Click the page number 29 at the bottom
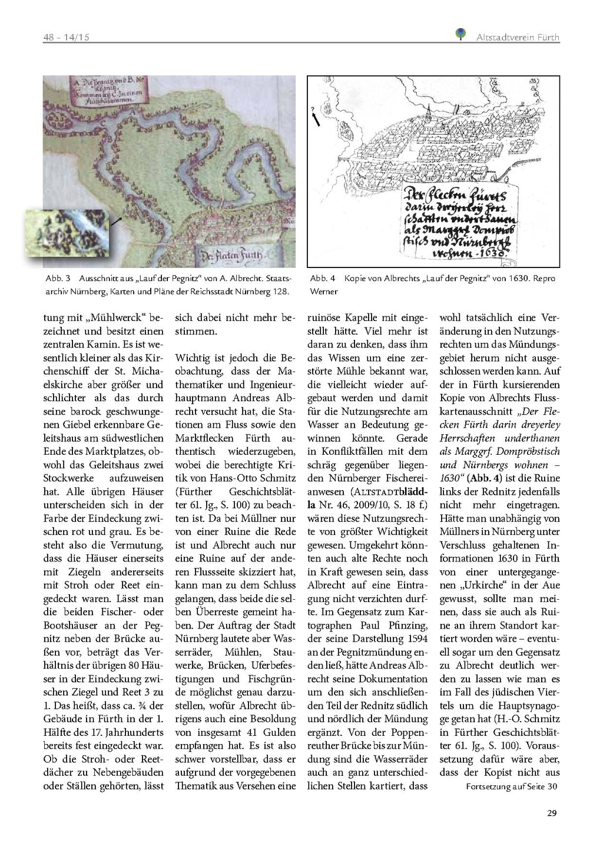[551, 814]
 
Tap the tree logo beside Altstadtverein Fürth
[461, 35]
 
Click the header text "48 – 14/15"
[66, 38]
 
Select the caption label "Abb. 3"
[58, 278]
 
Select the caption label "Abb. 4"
[323, 278]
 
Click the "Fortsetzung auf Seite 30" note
[511, 786]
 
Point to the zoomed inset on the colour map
[67, 232]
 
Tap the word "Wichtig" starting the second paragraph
[192, 358]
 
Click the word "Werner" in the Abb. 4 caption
[324, 292]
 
